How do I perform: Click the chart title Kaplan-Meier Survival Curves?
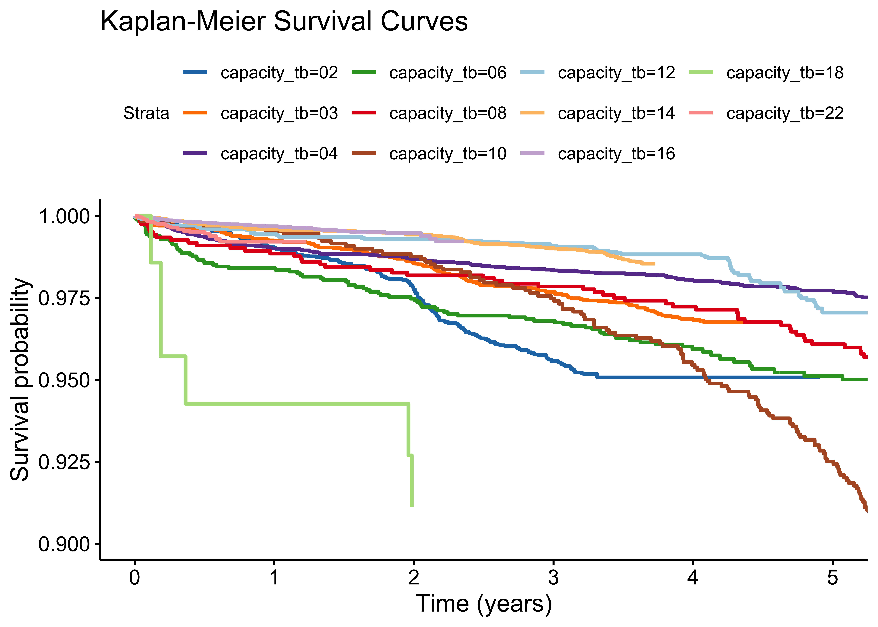point(284,22)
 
